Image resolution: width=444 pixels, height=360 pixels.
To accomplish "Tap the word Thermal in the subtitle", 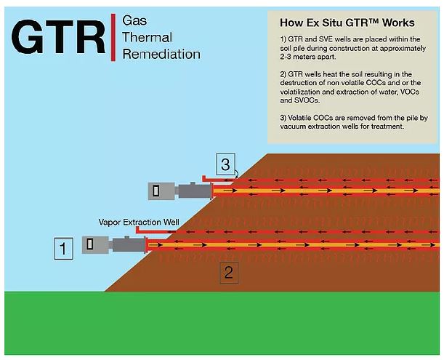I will [147, 37].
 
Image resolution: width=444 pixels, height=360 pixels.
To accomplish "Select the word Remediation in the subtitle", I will [161, 55].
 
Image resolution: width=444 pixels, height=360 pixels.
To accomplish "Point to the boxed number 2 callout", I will [228, 273].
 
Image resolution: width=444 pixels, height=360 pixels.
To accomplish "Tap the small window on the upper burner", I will [156, 191].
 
